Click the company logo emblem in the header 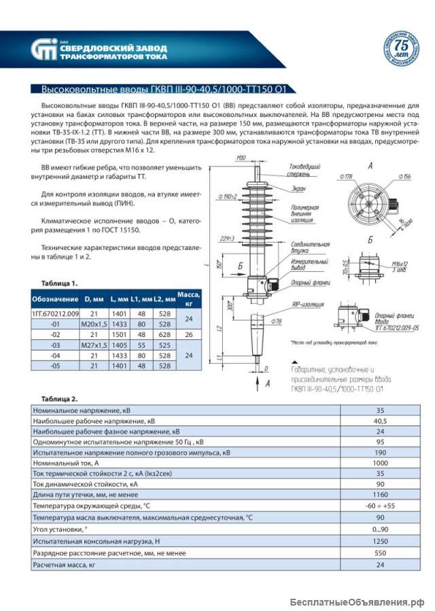tap(43, 50)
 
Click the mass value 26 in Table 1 tap(188, 334)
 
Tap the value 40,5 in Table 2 tap(381, 421)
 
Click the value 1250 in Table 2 tap(381, 541)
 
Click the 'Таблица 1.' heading tap(60, 283)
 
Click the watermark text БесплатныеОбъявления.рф tap(357, 602)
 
